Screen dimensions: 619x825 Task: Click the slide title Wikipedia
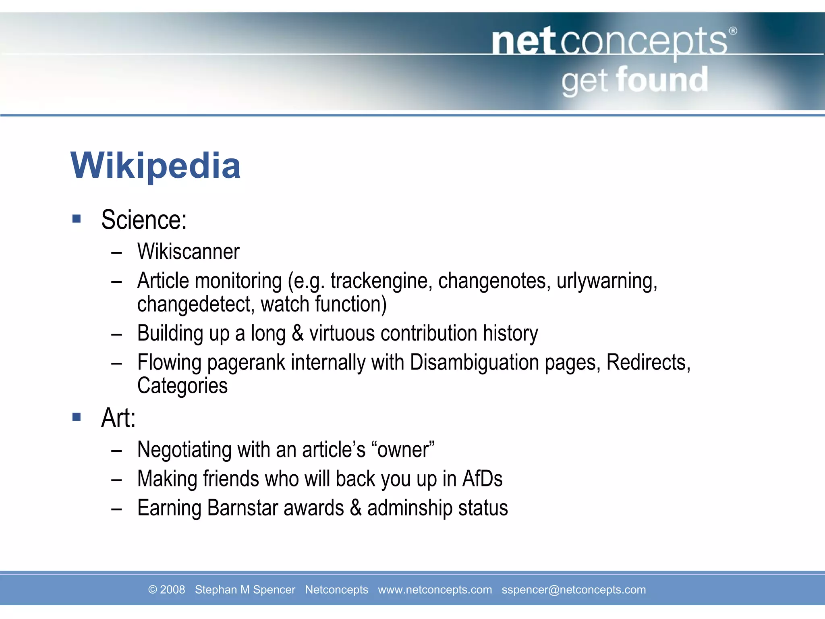tap(155, 166)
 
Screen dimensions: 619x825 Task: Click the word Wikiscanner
tap(188, 252)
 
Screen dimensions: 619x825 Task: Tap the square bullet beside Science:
tap(77, 219)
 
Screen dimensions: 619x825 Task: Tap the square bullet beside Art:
tap(77, 417)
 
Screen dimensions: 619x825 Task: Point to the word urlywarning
tap(607, 281)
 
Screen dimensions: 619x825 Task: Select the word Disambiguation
tap(474, 362)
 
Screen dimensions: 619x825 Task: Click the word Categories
tap(182, 386)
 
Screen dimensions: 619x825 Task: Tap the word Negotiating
tap(184, 450)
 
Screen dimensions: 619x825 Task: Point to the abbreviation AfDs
tap(482, 479)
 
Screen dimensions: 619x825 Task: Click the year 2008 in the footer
tap(172, 590)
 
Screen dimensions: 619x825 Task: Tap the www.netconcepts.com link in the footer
tap(435, 590)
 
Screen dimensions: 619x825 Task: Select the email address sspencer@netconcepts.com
tap(574, 590)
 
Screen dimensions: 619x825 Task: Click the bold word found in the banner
tap(662, 80)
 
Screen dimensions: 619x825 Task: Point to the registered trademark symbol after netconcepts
tap(733, 31)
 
